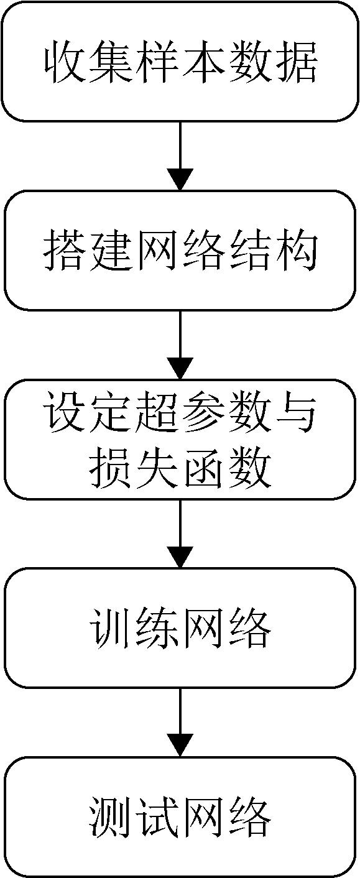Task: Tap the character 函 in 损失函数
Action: (x=203, y=465)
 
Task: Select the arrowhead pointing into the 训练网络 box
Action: (x=180, y=557)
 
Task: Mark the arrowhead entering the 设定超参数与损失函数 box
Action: (x=180, y=368)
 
